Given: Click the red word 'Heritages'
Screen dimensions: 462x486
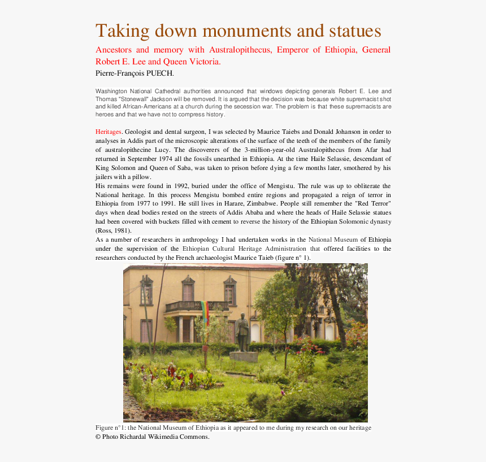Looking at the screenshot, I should coord(108,132).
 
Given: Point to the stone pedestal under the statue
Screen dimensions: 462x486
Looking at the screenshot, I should coord(244,356).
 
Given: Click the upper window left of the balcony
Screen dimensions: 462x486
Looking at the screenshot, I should coord(147,291).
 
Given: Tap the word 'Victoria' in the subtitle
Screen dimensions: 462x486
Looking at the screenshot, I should coord(202,62).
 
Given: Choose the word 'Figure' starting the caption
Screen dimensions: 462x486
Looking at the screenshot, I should coord(105,428).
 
